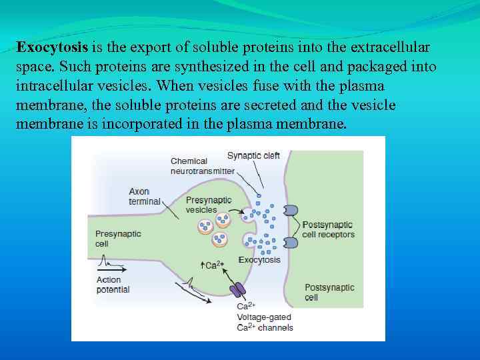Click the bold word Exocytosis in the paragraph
tap(53, 48)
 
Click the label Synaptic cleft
tap(253, 155)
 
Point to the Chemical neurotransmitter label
tap(202, 166)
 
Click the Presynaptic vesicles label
tap(208, 205)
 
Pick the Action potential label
tap(113, 285)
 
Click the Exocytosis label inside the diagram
tap(259, 260)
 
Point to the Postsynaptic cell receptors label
tap(328, 229)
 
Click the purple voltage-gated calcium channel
tap(237, 290)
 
